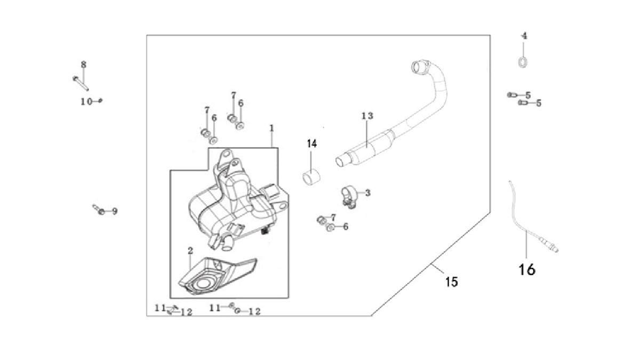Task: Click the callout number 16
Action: click(527, 269)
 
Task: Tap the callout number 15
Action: click(452, 282)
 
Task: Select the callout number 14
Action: click(311, 143)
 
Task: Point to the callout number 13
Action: click(367, 116)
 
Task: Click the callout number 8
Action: click(83, 65)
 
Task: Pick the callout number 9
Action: click(115, 211)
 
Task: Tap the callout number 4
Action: click(524, 36)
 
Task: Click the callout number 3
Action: click(367, 193)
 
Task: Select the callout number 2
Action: click(190, 251)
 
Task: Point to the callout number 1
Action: click(271, 129)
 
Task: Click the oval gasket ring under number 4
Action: click(523, 62)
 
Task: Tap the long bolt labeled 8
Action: click(81, 83)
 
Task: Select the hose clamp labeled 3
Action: click(349, 197)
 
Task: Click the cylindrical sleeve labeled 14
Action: click(311, 177)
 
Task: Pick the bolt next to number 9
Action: click(99, 210)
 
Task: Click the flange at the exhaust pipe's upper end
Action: click(421, 67)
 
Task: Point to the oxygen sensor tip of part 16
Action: click(554, 250)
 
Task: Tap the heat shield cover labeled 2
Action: click(217, 276)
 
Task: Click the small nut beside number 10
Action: click(100, 100)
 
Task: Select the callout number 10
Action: click(86, 101)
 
